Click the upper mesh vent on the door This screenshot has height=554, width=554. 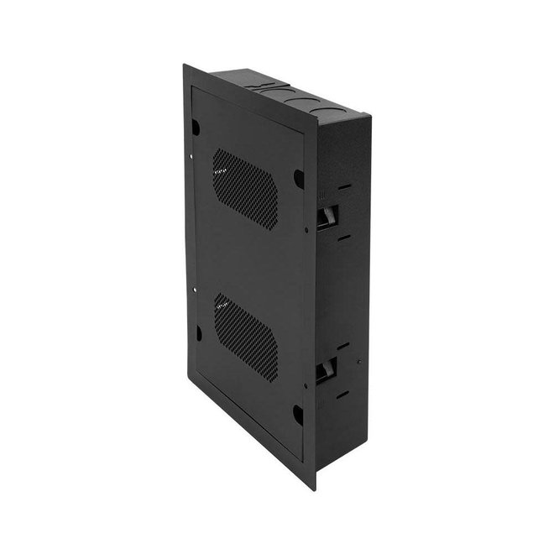pyautogui.click(x=245, y=189)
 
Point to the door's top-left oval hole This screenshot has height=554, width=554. pyautogui.click(x=196, y=128)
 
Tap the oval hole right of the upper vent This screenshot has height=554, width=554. pyautogui.click(x=297, y=179)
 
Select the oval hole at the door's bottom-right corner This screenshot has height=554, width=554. pyautogui.click(x=297, y=415)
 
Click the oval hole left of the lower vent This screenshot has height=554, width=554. pyautogui.click(x=197, y=333)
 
